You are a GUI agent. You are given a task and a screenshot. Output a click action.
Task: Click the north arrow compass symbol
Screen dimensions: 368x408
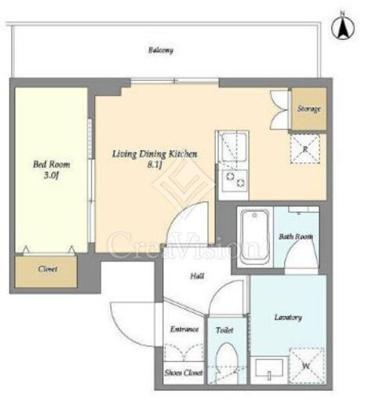pos(343,26)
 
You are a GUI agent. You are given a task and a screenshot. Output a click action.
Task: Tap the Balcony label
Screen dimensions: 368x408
pos(161,50)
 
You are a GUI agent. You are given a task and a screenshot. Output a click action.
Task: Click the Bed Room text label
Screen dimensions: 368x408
pos(52,165)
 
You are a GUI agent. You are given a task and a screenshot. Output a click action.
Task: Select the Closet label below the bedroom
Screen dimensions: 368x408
pos(48,269)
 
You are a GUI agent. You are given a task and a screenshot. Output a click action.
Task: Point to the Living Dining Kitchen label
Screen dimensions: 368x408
pos(155,154)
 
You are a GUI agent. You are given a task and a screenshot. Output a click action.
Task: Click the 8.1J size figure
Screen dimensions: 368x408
pos(155,165)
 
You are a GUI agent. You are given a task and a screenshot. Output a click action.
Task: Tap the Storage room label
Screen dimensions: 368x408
pos(309,109)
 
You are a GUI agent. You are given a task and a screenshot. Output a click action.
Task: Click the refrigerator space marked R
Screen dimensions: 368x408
pos(305,149)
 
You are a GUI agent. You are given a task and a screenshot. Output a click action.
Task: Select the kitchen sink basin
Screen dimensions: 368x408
pos(234,148)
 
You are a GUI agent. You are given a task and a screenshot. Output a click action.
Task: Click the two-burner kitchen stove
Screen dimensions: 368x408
pos(235,180)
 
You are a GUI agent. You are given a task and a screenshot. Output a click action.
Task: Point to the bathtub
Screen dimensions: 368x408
pos(255,237)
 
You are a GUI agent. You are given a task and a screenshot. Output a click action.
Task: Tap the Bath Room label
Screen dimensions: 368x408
pos(296,237)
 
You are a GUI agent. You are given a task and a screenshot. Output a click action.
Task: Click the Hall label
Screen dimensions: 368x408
pos(197,276)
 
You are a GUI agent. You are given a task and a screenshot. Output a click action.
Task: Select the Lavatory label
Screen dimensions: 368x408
pos(288,318)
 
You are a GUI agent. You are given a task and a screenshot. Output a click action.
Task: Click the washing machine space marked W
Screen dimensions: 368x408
pos(307,366)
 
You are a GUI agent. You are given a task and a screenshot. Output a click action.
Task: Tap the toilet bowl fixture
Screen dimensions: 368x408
pos(228,362)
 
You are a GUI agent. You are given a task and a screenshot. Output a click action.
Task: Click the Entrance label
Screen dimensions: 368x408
pos(184,329)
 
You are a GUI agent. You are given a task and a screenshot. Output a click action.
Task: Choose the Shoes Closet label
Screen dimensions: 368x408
pos(184,373)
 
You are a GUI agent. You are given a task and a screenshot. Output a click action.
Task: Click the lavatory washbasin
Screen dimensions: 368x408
pos(269,370)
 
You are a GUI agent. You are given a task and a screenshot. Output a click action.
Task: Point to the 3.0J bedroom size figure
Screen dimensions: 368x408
pos(51,175)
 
